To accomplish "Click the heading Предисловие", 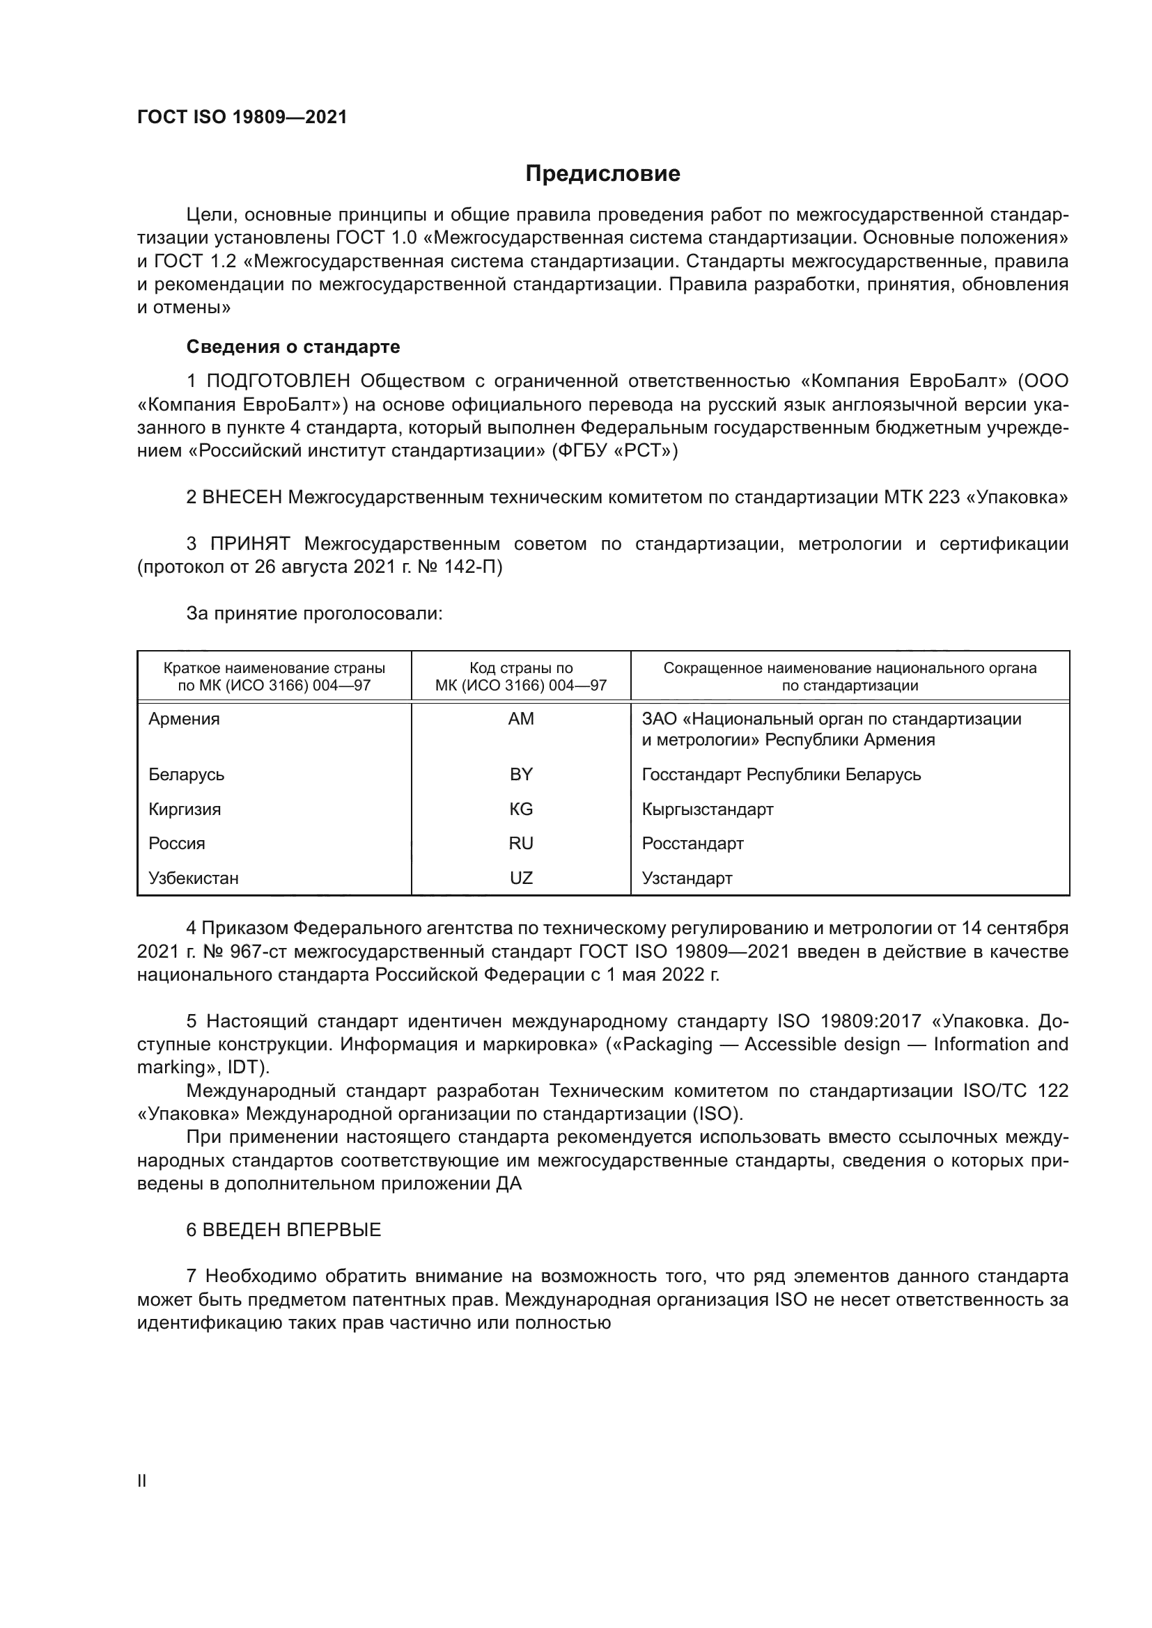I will (602, 174).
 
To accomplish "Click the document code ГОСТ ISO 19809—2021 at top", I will (242, 117).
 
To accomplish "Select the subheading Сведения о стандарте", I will (293, 347).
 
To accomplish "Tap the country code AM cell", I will (521, 719).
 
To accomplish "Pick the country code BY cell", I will (521, 774).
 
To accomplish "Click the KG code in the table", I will (521, 809).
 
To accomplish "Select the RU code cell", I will (521, 843).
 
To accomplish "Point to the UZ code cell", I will (521, 878).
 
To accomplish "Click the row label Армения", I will (185, 719).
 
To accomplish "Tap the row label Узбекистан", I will (194, 878).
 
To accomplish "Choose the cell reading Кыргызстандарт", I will (707, 809).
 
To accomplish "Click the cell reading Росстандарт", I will (692, 843).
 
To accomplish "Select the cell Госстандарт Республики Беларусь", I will (781, 774).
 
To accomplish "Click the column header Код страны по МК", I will (521, 677).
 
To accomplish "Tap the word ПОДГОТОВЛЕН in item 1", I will (278, 381).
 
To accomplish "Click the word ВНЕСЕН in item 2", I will (242, 497).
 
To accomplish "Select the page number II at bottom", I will (142, 1480).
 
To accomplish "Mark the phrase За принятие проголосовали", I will (314, 613).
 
